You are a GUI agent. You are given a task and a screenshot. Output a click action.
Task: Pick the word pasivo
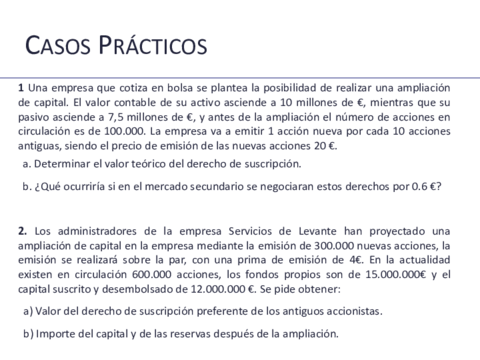35,116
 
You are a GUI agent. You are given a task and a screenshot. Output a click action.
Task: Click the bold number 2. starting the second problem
22,232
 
